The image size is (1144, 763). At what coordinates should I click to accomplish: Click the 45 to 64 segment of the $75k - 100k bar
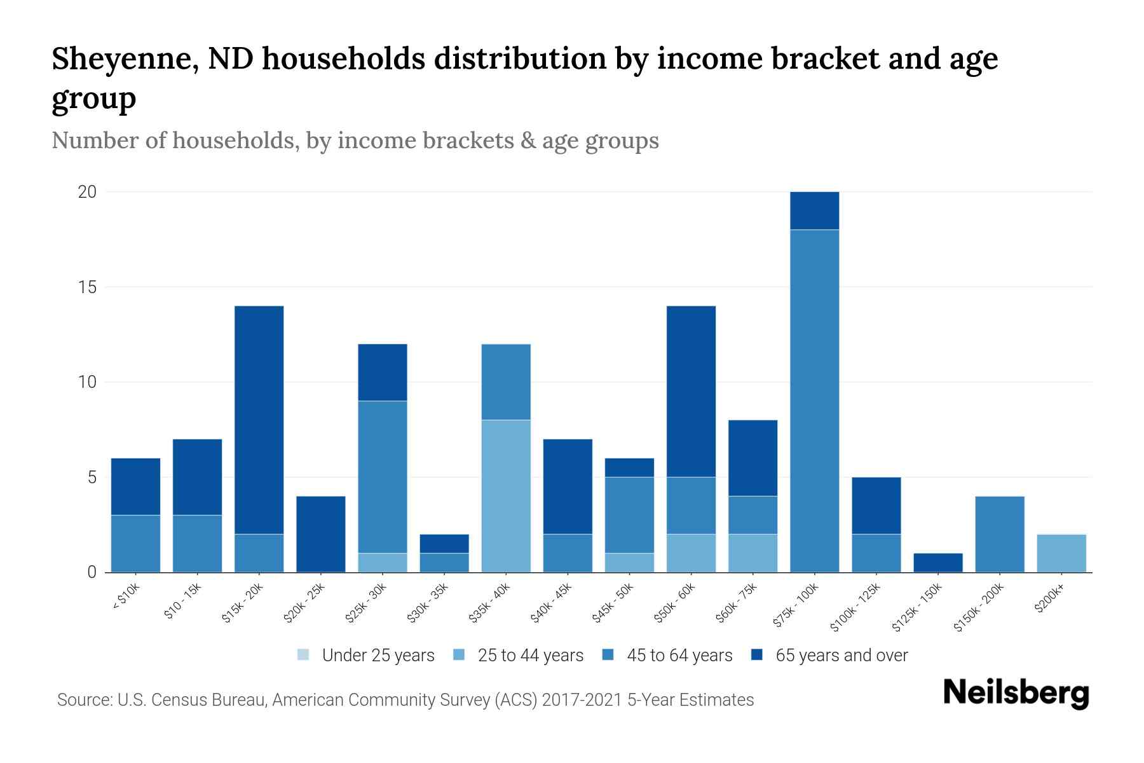click(814, 401)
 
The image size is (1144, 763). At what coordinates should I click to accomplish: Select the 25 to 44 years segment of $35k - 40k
click(506, 496)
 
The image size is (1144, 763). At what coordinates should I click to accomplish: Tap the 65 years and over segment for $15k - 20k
click(259, 420)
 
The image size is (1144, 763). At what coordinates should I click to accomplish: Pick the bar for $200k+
click(1061, 553)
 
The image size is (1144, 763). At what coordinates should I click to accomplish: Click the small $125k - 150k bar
click(937, 563)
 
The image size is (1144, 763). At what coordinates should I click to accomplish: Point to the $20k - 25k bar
click(321, 534)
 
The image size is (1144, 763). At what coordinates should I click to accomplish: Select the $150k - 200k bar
click(1000, 534)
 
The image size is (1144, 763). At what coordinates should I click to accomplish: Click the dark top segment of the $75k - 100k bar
click(814, 210)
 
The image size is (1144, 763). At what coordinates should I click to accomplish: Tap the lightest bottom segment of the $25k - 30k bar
click(383, 563)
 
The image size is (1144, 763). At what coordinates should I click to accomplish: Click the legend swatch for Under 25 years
click(304, 655)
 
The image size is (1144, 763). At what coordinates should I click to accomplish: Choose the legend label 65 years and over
click(841, 655)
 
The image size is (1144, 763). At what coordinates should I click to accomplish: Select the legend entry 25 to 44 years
click(530, 655)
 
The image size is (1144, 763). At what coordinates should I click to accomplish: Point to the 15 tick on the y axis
click(88, 287)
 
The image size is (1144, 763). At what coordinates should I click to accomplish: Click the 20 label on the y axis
click(87, 192)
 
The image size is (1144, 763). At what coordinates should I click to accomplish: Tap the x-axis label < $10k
click(126, 598)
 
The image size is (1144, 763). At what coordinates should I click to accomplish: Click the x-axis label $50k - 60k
click(676, 603)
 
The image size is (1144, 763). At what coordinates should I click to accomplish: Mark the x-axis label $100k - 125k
click(857, 608)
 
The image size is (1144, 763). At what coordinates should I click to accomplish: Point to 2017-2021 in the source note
click(582, 700)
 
